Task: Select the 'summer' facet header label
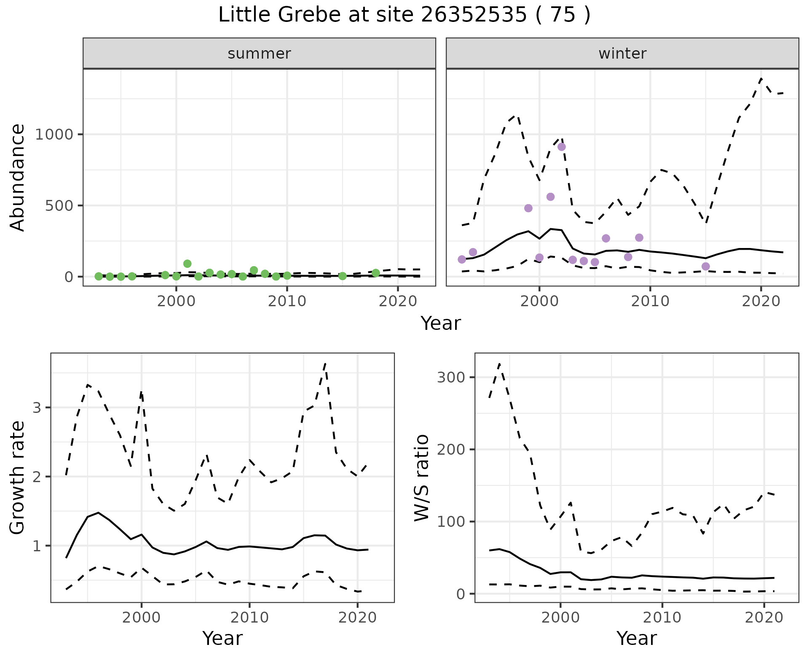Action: pos(259,54)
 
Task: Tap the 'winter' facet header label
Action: pos(622,54)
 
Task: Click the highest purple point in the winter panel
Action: pos(561,147)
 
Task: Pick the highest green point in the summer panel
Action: pos(188,264)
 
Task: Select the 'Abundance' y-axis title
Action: pos(18,178)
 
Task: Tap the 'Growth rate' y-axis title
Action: pos(18,477)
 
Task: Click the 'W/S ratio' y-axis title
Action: pos(421,477)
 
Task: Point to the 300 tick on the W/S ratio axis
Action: pos(450,377)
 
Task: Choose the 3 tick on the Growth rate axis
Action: pos(37,407)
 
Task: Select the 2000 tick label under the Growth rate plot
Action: pos(142,618)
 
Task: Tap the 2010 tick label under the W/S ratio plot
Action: pos(662,618)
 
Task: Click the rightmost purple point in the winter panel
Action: pos(706,266)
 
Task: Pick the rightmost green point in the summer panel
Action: pos(376,273)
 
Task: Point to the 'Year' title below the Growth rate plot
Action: pos(222,639)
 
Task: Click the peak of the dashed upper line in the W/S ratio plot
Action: pos(499,364)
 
